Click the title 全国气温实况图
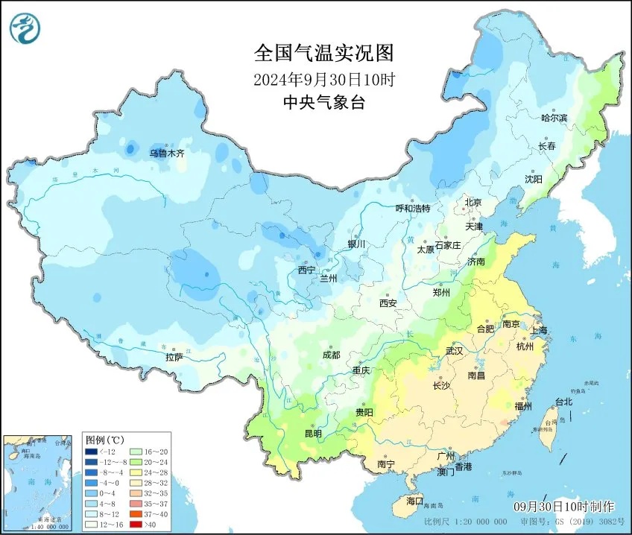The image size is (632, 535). coord(323,53)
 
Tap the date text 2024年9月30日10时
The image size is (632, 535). coord(323,79)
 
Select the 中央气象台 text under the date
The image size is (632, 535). coord(323,103)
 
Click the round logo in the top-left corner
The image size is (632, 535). coord(25,28)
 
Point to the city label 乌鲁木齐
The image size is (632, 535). coord(165,153)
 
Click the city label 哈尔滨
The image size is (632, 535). coord(554,118)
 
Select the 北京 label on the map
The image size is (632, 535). coord(473,203)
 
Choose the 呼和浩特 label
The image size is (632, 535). coord(412,209)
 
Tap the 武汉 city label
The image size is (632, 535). coord(454,350)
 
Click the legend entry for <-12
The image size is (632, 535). coord(92,452)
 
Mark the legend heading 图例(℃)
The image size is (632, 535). coord(104,440)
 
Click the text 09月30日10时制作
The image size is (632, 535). coord(563,506)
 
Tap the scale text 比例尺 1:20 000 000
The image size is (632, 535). coord(463,521)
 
